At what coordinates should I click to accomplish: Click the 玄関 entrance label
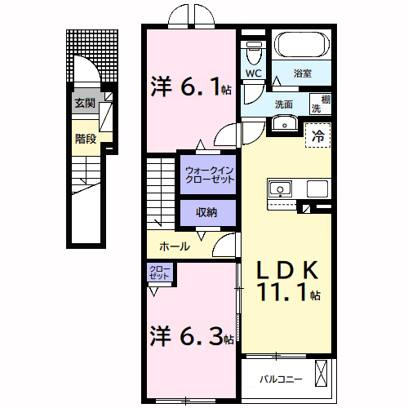(84, 103)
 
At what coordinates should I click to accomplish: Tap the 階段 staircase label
(85, 139)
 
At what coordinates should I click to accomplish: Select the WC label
(253, 73)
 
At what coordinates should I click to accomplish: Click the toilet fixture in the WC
(253, 53)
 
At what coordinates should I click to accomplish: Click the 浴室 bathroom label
(302, 73)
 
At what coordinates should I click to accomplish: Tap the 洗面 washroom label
(284, 104)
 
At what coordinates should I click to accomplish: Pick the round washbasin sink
(283, 123)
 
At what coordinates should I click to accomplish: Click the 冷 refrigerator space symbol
(318, 136)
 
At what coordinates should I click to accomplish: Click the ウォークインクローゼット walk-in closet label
(209, 174)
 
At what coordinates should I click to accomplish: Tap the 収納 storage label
(206, 212)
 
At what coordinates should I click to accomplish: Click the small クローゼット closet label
(159, 273)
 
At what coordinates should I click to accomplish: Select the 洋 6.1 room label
(189, 86)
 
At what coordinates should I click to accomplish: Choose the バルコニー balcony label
(282, 379)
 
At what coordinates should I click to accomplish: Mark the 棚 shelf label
(326, 99)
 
